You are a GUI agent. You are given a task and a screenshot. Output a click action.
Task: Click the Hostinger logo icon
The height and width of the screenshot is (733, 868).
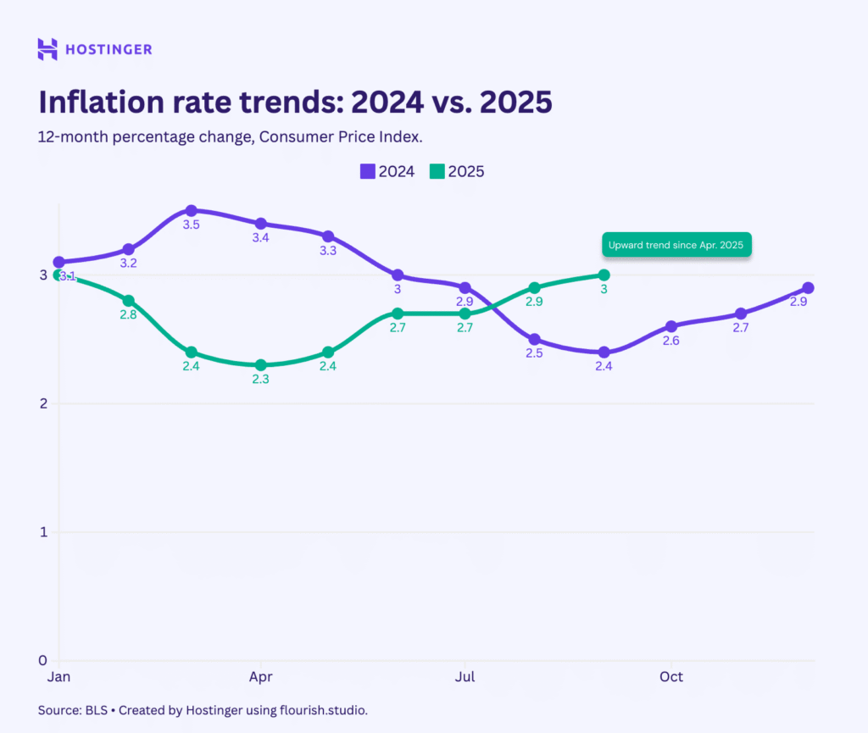tap(47, 49)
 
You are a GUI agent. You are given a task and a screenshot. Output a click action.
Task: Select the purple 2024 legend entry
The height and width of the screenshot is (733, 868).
tap(387, 171)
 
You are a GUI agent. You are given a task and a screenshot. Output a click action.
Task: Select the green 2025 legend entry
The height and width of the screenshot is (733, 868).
tap(457, 171)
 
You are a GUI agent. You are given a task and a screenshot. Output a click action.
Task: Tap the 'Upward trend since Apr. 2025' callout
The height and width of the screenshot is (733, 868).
tap(676, 245)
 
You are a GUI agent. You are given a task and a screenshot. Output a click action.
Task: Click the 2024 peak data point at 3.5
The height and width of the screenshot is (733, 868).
tap(192, 211)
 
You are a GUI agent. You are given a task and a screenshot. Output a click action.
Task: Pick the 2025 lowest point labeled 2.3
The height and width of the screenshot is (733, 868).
tap(260, 365)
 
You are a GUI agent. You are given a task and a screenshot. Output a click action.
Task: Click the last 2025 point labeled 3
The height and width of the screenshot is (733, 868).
tap(604, 275)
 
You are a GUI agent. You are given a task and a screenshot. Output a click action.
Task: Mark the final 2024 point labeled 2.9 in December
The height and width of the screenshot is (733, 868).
tap(808, 288)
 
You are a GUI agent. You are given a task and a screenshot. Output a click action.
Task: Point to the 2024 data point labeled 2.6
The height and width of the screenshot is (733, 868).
tap(671, 326)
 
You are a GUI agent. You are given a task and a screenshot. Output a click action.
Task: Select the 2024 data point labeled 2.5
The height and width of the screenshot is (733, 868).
tap(534, 339)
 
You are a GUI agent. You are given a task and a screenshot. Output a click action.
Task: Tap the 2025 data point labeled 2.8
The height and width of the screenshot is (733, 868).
tap(129, 301)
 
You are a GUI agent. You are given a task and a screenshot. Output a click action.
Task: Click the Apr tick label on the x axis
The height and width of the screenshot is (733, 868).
tap(260, 677)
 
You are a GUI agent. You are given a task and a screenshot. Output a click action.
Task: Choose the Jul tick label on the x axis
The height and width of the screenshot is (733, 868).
tap(465, 677)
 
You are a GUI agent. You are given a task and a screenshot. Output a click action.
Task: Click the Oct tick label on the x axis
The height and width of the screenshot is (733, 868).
tap(671, 677)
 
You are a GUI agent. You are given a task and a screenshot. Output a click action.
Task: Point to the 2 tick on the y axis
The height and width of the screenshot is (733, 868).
tap(42, 403)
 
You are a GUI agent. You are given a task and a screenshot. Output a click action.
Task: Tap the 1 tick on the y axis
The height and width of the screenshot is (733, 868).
tap(42, 532)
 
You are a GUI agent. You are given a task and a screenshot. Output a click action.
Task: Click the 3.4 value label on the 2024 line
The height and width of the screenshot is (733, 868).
tap(260, 238)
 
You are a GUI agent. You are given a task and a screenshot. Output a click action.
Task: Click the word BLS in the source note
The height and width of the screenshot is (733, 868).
tap(96, 710)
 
